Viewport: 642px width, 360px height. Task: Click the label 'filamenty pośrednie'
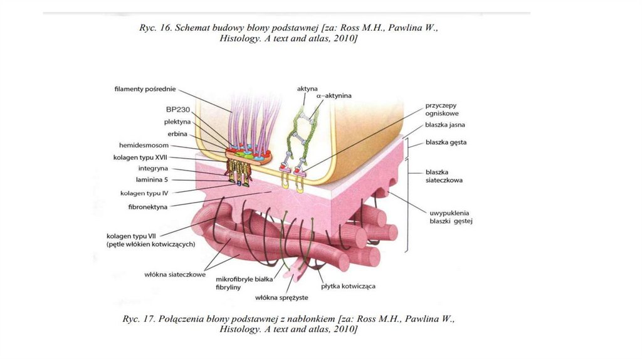(x=145, y=89)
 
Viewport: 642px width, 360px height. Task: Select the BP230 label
(x=178, y=109)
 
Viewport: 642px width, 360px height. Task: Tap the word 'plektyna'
(x=177, y=122)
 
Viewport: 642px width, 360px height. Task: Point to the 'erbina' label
(x=177, y=134)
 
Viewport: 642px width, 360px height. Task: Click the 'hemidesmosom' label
(x=144, y=145)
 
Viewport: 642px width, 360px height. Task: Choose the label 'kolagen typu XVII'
(x=140, y=157)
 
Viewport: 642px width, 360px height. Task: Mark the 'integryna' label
(x=153, y=168)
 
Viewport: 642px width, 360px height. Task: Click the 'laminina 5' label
(x=152, y=179)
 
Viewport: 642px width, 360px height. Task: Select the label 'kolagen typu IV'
(x=144, y=193)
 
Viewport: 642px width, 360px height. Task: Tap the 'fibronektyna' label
(x=148, y=207)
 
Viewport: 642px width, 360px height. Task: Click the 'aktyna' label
(x=307, y=88)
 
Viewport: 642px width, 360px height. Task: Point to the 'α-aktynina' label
(x=334, y=95)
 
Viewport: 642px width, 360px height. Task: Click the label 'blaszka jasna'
(x=445, y=125)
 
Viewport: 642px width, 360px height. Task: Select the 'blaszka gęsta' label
(x=446, y=142)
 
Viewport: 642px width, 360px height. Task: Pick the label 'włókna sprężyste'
(x=282, y=298)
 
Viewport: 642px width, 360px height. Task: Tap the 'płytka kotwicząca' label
(x=348, y=286)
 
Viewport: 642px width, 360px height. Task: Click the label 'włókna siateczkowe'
(x=175, y=275)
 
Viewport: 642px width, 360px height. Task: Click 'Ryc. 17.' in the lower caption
(x=139, y=319)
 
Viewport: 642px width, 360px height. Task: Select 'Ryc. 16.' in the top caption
(x=155, y=28)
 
